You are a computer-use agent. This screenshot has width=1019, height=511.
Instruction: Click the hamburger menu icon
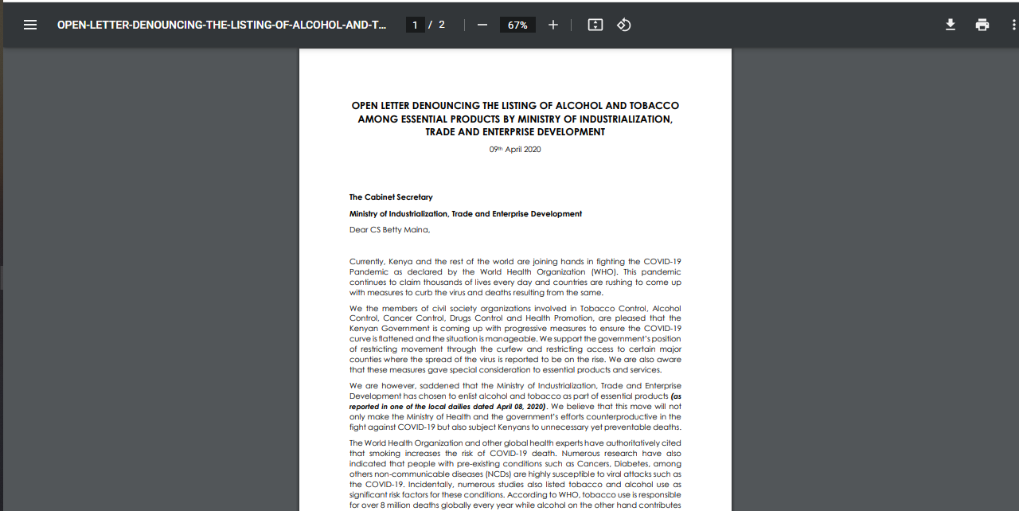(30, 25)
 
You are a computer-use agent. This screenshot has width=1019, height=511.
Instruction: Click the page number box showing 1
(415, 25)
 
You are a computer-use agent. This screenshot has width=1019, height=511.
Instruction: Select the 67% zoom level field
(517, 25)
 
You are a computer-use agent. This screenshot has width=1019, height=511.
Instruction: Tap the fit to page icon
(595, 25)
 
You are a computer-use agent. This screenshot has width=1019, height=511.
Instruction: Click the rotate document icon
(624, 25)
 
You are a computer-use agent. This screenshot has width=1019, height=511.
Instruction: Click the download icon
(951, 25)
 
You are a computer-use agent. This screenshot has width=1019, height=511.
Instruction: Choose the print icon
(982, 25)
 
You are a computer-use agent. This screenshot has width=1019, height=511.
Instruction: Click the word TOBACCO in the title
(654, 105)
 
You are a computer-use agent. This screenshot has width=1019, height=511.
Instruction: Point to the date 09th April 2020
(515, 150)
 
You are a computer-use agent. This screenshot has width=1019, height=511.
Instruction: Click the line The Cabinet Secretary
(391, 197)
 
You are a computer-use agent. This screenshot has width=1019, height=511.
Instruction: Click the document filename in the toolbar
(222, 25)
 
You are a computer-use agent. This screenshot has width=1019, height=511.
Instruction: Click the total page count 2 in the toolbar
(442, 25)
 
